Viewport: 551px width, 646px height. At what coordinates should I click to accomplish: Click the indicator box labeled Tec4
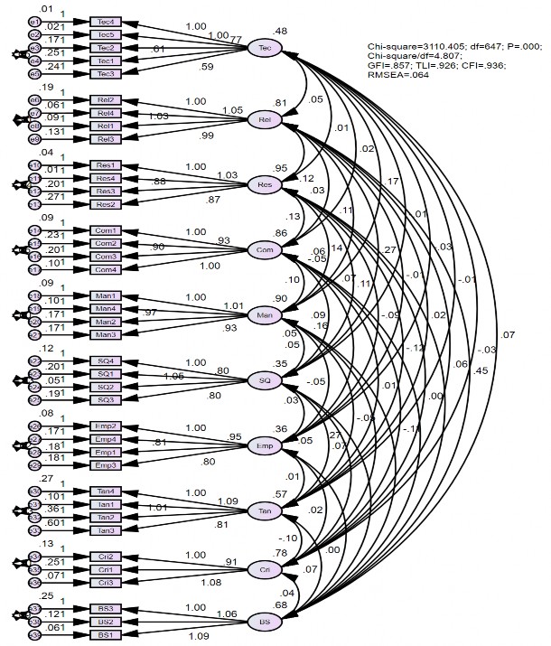tap(106, 22)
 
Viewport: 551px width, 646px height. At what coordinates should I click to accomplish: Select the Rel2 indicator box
tap(106, 100)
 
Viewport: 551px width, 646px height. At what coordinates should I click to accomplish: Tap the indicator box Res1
tap(106, 166)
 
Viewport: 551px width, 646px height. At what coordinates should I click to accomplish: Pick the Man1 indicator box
tap(106, 296)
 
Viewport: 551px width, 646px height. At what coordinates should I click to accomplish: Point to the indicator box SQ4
tap(106, 361)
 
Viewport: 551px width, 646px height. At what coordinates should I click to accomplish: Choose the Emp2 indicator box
tap(106, 426)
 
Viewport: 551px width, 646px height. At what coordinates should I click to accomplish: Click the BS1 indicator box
tap(106, 635)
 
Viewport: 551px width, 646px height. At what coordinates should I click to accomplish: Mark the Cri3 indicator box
tap(106, 583)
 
